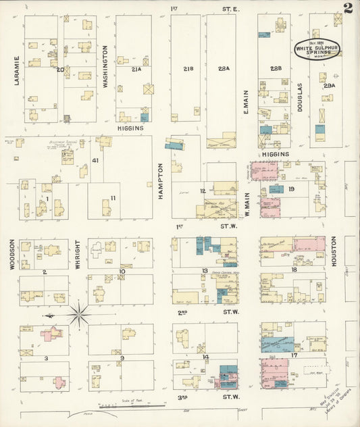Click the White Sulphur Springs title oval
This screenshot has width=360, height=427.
[x=317, y=49]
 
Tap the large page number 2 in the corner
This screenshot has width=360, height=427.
[x=347, y=9]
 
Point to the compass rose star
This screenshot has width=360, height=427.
[x=78, y=314]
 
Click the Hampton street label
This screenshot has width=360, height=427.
[x=161, y=180]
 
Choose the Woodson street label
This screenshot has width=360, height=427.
[x=12, y=254]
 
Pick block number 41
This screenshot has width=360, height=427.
[x=95, y=161]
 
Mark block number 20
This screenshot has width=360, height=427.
[x=61, y=69]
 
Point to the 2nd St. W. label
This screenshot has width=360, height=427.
[x=206, y=312]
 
